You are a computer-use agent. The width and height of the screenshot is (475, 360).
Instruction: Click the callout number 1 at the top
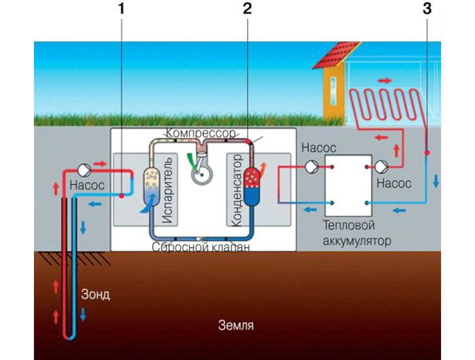point(122,10)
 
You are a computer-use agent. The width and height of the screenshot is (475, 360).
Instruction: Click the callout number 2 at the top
point(248,10)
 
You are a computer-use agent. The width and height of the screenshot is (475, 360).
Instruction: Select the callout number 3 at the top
point(426,10)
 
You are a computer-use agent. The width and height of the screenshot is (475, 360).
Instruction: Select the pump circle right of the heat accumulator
point(381,166)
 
